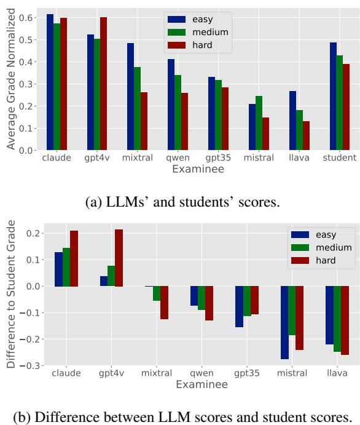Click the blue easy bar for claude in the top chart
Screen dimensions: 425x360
[x=50, y=82]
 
